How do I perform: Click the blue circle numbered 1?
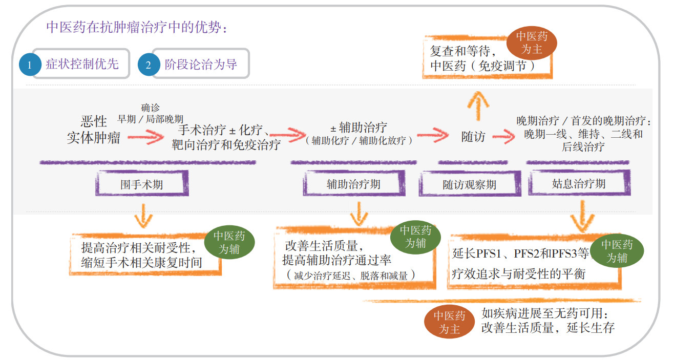[29, 64]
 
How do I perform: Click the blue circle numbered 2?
[149, 64]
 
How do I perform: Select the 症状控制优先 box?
[82, 63]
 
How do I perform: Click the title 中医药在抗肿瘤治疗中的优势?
[136, 27]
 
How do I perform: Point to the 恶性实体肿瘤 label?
[94, 130]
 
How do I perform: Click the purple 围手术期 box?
[142, 184]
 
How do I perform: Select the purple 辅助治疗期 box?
[353, 184]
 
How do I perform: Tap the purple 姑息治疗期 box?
[578, 183]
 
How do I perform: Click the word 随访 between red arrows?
[473, 137]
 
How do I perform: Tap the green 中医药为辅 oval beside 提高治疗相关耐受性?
[229, 243]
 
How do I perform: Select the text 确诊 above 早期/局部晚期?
[150, 108]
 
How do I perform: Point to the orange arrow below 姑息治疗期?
[582, 217]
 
